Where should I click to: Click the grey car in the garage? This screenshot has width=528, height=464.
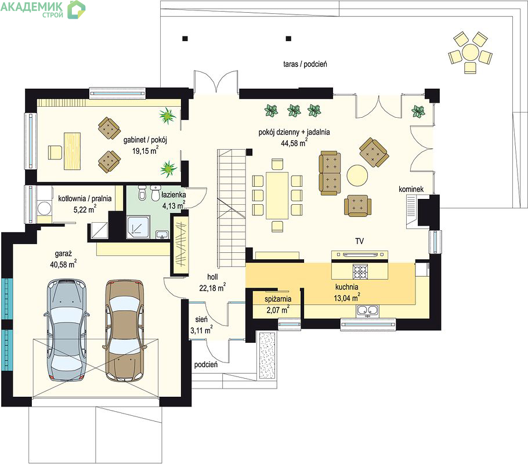66,329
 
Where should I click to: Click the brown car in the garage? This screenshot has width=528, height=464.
125,331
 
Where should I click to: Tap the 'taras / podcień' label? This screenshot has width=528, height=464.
305,64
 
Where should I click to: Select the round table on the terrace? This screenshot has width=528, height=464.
470,52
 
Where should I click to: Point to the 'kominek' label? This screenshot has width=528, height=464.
411,189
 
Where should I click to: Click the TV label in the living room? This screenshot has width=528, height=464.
359,241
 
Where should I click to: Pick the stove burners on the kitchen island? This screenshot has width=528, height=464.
360,271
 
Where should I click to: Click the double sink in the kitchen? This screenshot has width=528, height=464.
367,310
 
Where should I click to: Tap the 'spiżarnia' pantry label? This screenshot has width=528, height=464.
278,299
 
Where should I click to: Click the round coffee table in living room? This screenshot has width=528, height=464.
357,175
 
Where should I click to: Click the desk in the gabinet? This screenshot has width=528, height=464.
72,151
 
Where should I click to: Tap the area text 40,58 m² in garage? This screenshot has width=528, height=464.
63,264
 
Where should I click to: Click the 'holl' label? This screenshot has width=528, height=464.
212,277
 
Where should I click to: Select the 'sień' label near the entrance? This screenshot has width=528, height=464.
201,319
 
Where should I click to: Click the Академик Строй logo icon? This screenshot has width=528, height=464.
76,9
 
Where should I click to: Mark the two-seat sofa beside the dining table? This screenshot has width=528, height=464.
330,173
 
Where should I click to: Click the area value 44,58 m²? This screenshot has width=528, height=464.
294,143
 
